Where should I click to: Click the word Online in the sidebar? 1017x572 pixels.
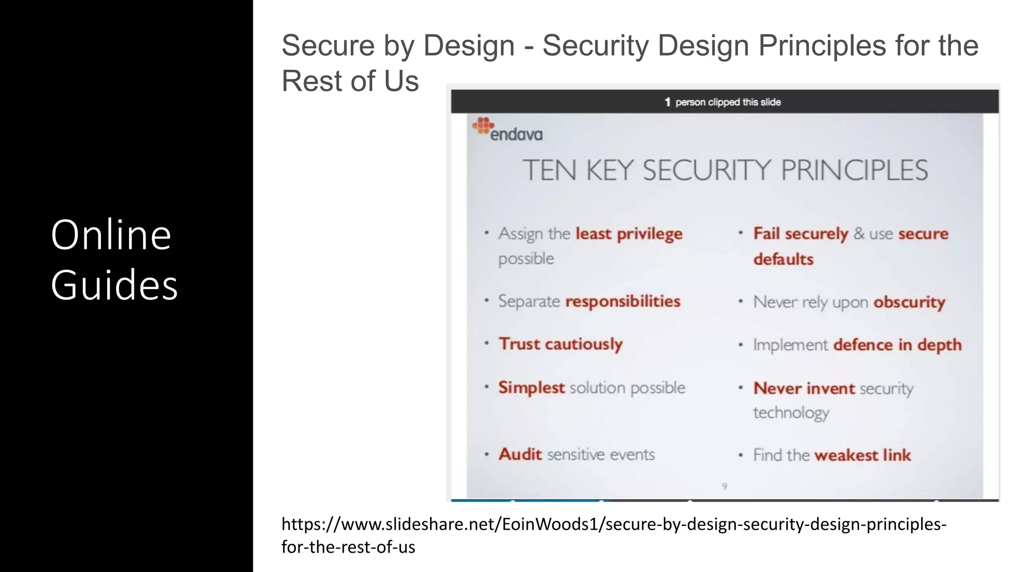(x=111, y=235)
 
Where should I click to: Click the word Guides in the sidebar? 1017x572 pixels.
(x=114, y=285)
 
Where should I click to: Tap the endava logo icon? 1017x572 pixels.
(x=483, y=125)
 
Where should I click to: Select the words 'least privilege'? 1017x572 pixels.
(x=629, y=234)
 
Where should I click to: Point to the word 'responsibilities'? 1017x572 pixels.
(x=623, y=301)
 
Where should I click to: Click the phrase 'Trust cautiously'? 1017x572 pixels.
(x=560, y=344)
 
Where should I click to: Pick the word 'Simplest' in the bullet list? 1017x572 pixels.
(x=531, y=388)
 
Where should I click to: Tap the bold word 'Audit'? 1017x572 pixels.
(x=520, y=454)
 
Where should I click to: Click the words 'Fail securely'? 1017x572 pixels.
(x=800, y=234)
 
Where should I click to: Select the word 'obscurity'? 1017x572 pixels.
(x=909, y=302)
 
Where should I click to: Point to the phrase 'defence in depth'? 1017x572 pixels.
(x=897, y=345)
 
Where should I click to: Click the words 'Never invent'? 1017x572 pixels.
(x=804, y=388)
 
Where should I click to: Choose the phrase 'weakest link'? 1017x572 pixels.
(x=863, y=455)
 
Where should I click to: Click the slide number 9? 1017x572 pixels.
(x=725, y=487)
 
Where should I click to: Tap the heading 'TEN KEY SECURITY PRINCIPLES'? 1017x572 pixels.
(x=725, y=170)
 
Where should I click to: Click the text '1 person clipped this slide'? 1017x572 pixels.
(x=723, y=102)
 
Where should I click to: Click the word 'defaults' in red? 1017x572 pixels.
(x=783, y=260)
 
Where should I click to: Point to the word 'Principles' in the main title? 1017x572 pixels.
(x=822, y=46)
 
